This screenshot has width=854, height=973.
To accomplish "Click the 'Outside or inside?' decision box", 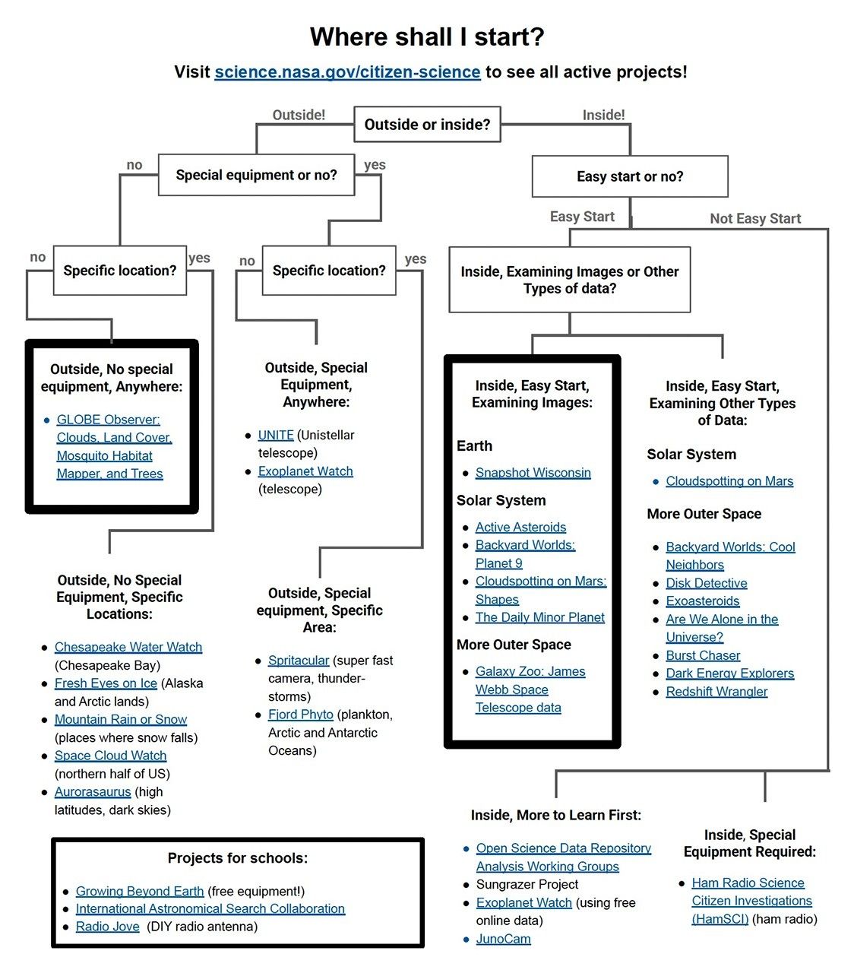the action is click(427, 124).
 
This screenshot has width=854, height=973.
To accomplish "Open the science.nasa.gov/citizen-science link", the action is click(347, 72).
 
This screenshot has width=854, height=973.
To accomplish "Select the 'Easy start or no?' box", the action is click(630, 176).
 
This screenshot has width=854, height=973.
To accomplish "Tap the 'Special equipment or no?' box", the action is click(256, 175).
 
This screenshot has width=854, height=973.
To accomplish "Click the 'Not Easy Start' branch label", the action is click(755, 219).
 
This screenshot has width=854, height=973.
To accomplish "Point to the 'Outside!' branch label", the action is click(299, 115).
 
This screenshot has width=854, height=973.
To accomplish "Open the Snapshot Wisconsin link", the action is click(533, 473).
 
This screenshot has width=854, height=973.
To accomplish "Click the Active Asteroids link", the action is click(520, 527).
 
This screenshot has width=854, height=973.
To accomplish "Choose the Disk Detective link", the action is click(706, 583).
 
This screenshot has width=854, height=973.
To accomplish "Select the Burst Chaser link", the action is click(703, 655).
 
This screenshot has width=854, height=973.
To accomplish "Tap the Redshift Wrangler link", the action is click(716, 692).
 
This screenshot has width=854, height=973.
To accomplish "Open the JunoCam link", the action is click(503, 939).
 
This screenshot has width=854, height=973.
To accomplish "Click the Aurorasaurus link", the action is click(93, 792).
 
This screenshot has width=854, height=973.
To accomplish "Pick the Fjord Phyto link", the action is click(300, 715).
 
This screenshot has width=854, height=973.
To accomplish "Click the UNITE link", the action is click(276, 435).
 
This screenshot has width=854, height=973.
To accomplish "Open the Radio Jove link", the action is click(107, 927).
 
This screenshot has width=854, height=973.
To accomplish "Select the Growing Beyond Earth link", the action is click(140, 891).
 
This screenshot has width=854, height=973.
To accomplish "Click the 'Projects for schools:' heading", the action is click(237, 858).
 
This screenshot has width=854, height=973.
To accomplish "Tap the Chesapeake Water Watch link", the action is click(128, 647).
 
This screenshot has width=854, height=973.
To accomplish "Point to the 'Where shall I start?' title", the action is click(427, 36).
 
